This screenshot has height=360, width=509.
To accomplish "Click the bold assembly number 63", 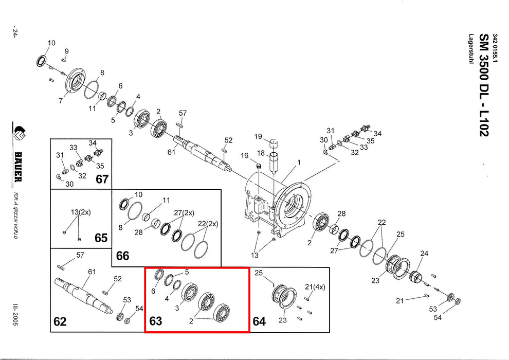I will tap(155, 321).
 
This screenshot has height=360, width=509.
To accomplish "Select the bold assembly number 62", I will tap(60, 322).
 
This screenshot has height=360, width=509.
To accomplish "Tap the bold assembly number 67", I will tap(102, 179).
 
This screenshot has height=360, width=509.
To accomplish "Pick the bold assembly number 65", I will tap(101, 238).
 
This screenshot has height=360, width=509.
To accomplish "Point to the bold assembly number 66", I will tap(122, 256).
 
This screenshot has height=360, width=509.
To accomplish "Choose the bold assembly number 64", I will tap(259, 322).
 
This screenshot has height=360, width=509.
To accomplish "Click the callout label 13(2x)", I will tap(79, 212).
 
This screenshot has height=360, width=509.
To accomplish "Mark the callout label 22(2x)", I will tap(208, 223).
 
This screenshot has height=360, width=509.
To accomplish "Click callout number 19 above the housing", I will tap(258, 136).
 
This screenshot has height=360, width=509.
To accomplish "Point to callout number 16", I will tap(244, 155).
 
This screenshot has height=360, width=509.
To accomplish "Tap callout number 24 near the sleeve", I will tap(424, 254).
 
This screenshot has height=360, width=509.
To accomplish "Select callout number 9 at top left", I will tap(66, 50).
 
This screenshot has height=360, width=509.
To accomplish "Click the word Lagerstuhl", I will tap(470, 49).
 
